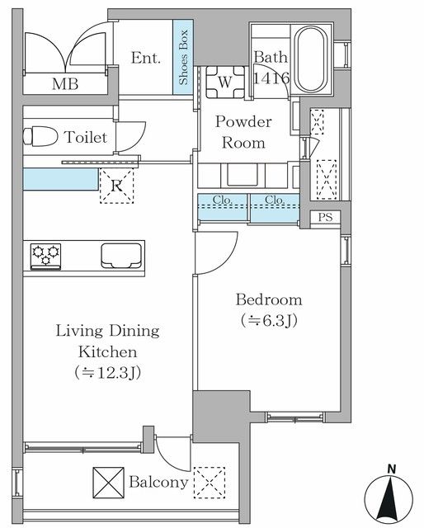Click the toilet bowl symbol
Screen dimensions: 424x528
40,136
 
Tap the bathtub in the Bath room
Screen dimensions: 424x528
312,59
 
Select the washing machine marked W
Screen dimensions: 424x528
225,82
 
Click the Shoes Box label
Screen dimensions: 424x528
183,57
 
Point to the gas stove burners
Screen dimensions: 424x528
45,256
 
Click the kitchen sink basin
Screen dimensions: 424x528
121,256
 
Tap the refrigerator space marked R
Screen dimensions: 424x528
117,186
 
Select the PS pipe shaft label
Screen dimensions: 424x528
325,217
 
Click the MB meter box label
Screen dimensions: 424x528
65,84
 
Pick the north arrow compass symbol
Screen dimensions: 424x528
389,497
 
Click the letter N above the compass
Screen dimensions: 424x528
391,469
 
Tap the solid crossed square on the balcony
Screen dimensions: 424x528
108,483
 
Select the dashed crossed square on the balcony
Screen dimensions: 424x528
210,483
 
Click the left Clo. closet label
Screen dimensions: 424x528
223,200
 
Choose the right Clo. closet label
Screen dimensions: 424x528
275,200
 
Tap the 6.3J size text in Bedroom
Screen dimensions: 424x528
269,321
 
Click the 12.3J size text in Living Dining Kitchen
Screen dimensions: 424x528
107,373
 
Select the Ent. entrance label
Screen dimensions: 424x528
146,58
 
